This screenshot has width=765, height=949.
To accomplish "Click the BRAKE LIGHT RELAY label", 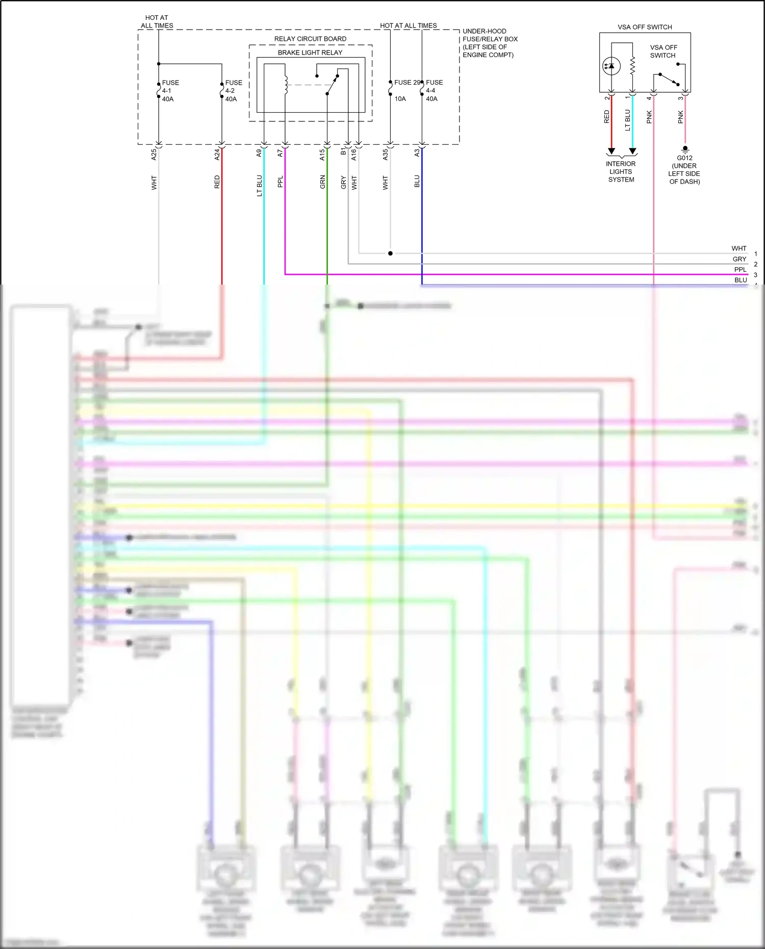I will [x=310, y=53].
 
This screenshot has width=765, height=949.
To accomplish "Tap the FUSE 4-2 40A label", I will [x=233, y=91].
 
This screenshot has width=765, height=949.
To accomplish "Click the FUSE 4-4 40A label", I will [x=434, y=91].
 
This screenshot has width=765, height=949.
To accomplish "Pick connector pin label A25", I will [x=154, y=155].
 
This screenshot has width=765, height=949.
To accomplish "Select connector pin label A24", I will [x=217, y=155].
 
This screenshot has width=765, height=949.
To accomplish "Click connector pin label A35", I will [x=386, y=155].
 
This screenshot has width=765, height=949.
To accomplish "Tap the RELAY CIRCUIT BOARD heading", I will [x=310, y=39].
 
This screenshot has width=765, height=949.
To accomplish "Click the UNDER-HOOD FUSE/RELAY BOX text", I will [x=490, y=43].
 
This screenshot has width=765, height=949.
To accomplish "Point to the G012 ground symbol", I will [x=685, y=149].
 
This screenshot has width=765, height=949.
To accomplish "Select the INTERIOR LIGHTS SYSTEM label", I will [x=621, y=172].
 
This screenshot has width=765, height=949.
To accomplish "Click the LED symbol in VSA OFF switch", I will [x=611, y=66].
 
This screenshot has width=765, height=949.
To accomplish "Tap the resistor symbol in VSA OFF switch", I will [x=632, y=66].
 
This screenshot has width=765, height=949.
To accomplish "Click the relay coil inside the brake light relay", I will [x=286, y=85].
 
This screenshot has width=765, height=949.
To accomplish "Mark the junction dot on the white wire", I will [x=390, y=253].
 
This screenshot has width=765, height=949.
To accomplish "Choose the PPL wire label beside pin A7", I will [x=280, y=182].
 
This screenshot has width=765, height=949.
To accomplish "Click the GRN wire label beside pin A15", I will [x=322, y=182].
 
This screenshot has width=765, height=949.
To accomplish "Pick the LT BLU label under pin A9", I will [x=259, y=186].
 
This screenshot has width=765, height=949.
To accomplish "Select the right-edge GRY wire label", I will [x=739, y=259].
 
